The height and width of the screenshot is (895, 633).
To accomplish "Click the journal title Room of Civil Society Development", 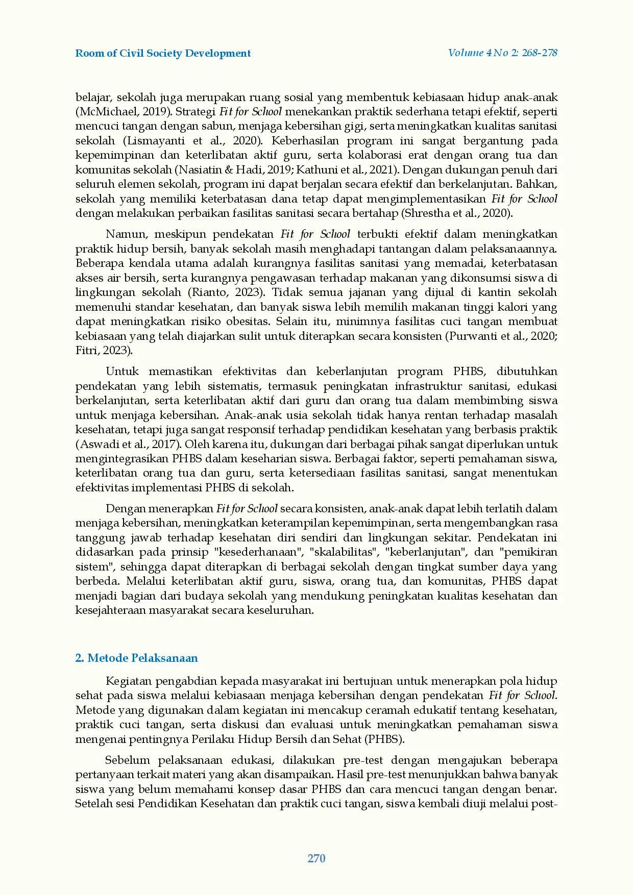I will pos(163,54).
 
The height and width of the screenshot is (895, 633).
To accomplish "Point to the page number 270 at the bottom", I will pos(316,858).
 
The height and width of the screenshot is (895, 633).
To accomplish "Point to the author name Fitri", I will pos(88,351).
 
